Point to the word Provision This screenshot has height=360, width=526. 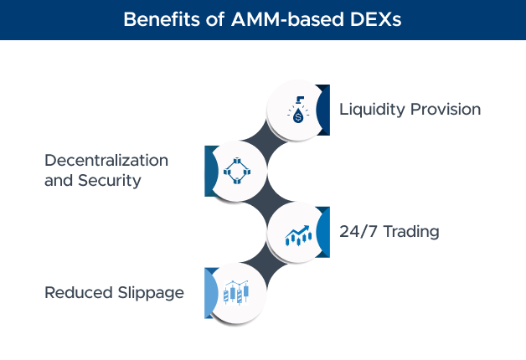(x=447, y=110)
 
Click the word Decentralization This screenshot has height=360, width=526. (x=106, y=160)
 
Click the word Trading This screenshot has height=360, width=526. (x=411, y=232)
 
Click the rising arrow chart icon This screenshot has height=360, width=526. (x=298, y=234)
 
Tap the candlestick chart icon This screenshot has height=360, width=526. (x=236, y=293)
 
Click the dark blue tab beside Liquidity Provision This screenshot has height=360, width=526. (x=324, y=110)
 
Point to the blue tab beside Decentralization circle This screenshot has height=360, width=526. (x=209, y=171)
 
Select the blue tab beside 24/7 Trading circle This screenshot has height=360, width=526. (x=324, y=232)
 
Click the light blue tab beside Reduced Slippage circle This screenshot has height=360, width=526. (x=209, y=292)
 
